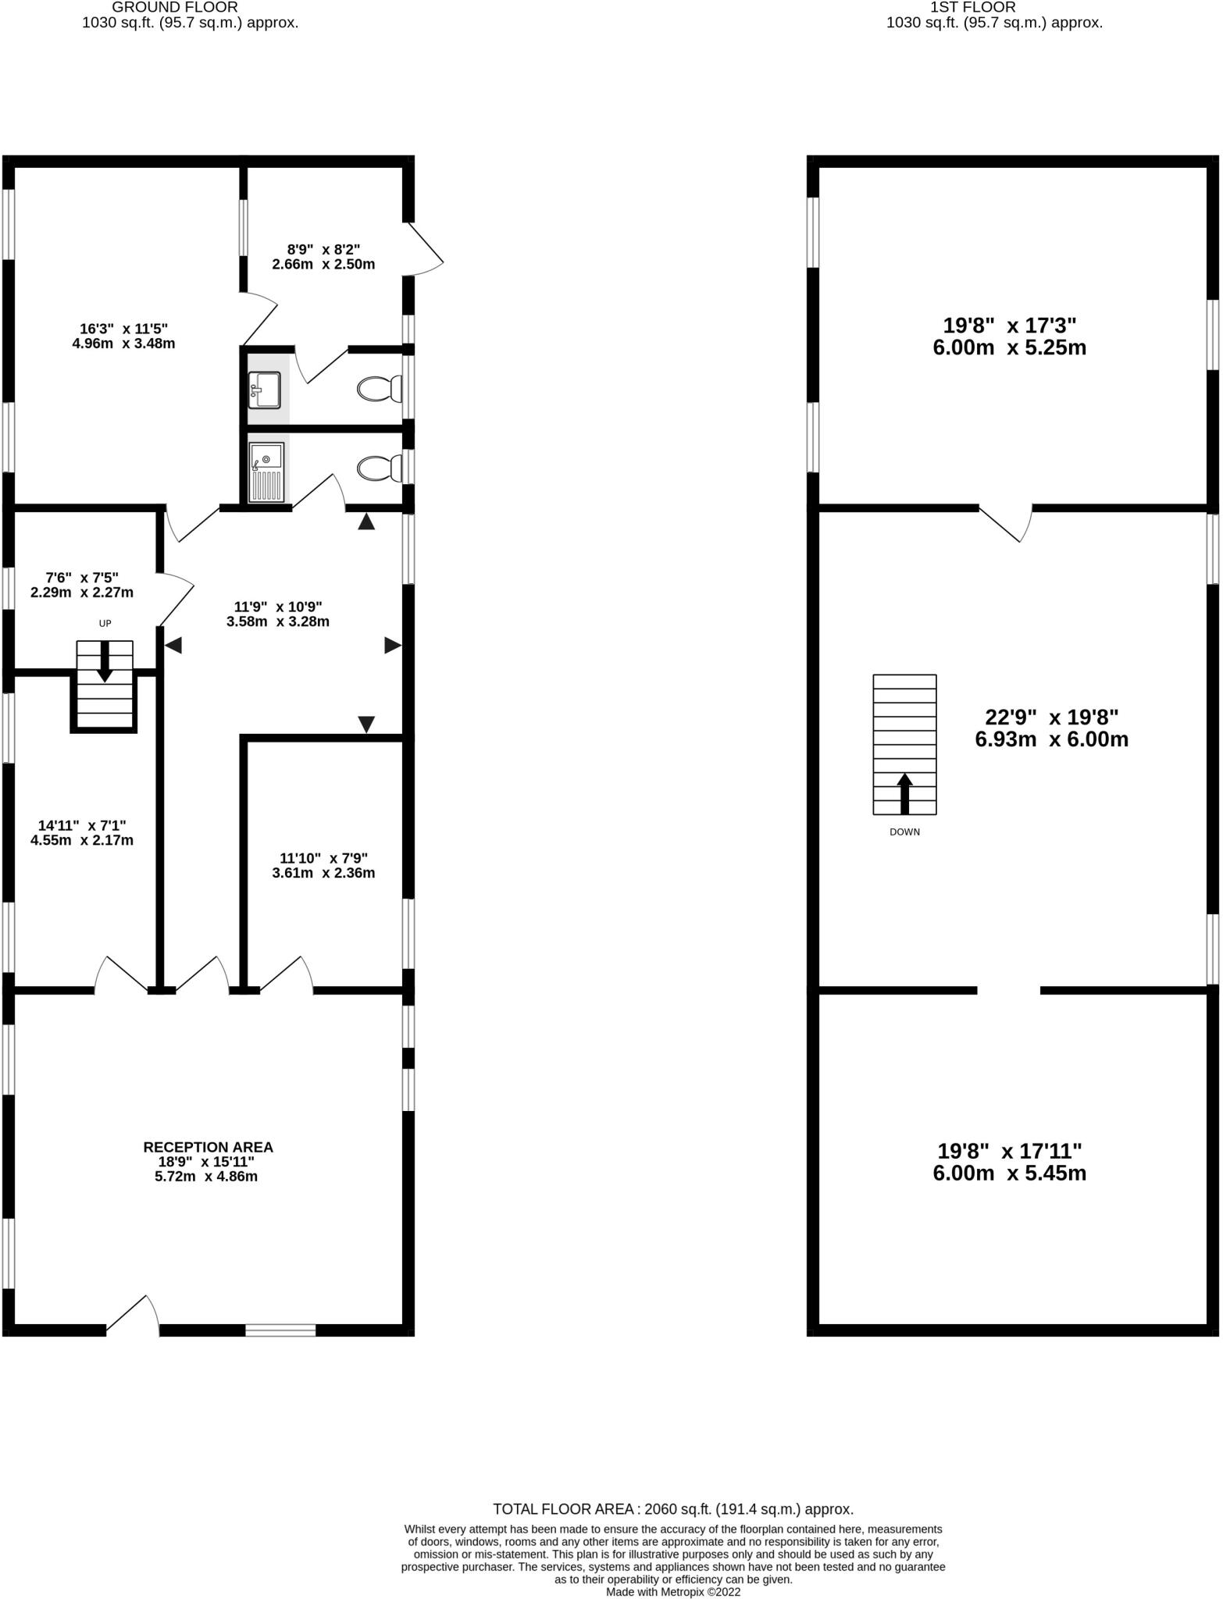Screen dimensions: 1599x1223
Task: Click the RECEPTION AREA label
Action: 208,1147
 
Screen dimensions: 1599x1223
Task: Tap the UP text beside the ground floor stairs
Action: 105,623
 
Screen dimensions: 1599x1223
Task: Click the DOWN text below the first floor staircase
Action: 904,832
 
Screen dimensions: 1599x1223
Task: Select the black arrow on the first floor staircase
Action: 904,792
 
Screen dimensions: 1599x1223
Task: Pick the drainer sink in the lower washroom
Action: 266,472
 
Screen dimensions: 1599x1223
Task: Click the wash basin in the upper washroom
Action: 265,390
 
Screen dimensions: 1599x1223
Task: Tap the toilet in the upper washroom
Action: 380,388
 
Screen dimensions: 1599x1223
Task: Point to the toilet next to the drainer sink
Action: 380,468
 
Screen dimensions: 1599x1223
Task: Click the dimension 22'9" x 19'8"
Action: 1051,717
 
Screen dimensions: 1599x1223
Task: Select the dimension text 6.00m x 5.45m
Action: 1009,1173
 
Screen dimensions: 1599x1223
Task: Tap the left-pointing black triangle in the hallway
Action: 173,645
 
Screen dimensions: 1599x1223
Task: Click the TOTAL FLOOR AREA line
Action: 672,1509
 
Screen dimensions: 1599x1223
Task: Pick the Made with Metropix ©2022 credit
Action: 672,1591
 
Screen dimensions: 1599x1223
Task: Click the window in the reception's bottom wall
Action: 280,1330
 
